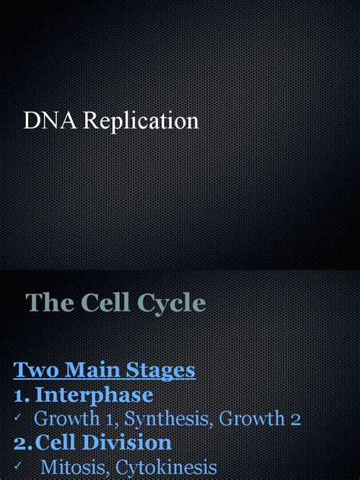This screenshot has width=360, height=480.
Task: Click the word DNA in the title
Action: pos(44,121)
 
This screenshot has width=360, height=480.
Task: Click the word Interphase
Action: pos(94,395)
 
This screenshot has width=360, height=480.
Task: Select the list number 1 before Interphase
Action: pos(21,395)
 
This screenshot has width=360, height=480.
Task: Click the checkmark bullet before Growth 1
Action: pos(18,419)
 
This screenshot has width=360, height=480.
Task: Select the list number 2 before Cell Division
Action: pos(22,444)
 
